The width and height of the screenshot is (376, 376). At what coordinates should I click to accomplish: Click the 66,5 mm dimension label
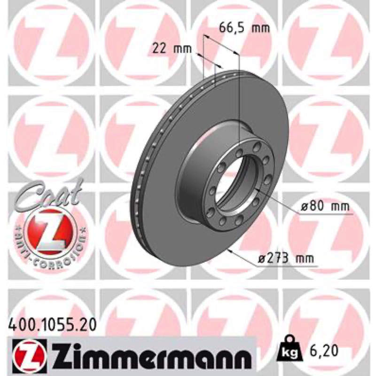[244, 28]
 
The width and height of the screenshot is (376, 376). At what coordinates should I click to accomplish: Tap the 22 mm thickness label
[172, 49]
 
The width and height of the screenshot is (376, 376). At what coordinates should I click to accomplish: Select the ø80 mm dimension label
[325, 206]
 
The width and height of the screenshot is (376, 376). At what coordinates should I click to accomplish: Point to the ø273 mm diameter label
[286, 259]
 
